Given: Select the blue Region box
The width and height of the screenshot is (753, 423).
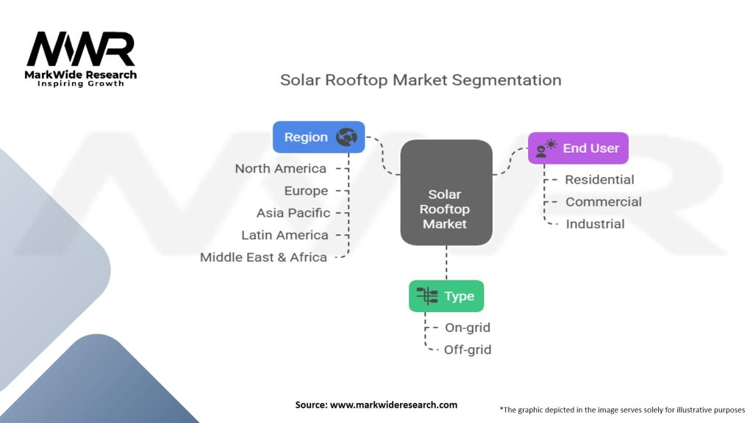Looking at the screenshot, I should pyautogui.click(x=318, y=137).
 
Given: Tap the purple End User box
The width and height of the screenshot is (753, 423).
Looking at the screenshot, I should pyautogui.click(x=578, y=148).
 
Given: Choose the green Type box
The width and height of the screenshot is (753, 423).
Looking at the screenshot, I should pyautogui.click(x=446, y=296).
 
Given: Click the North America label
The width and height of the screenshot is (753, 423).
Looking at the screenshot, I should pyautogui.click(x=280, y=169).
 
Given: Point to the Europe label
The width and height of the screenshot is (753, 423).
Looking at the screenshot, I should pyautogui.click(x=306, y=191).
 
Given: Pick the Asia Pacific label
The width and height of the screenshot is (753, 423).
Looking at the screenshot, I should pyautogui.click(x=293, y=213).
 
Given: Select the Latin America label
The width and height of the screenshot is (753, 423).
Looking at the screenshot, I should pyautogui.click(x=285, y=235).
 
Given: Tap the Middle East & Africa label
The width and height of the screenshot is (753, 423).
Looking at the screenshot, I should pyautogui.click(x=263, y=258).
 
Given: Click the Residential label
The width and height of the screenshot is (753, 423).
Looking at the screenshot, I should pyautogui.click(x=599, y=180).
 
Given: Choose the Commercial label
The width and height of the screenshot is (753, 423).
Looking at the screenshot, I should pyautogui.click(x=603, y=202).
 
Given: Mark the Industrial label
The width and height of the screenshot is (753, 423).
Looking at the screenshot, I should pyautogui.click(x=595, y=224).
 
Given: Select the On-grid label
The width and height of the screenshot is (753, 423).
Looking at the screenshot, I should pyautogui.click(x=467, y=328).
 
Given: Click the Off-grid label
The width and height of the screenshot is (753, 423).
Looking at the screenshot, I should pyautogui.click(x=467, y=350).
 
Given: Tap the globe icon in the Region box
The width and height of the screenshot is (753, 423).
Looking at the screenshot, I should pyautogui.click(x=346, y=137).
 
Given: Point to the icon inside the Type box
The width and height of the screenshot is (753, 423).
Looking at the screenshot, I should pyautogui.click(x=427, y=296).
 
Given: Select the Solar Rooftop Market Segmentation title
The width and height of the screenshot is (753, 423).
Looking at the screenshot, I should pyautogui.click(x=421, y=80).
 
